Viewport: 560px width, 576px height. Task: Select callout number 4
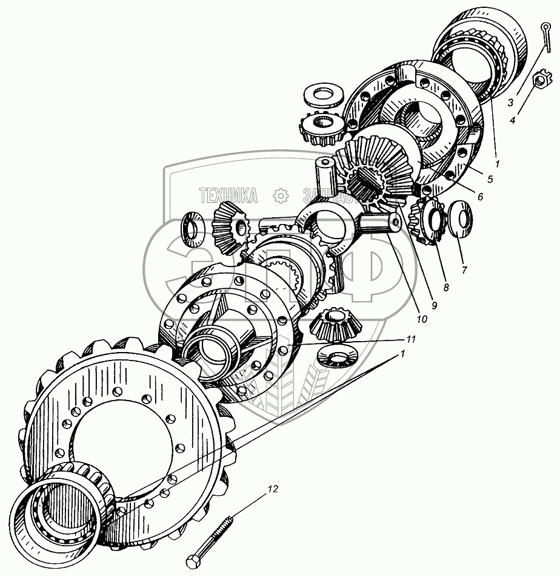513,120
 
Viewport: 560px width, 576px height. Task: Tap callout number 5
489,179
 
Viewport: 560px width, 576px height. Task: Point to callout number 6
479,197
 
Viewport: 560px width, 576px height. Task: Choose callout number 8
445,288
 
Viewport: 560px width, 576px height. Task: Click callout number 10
421,318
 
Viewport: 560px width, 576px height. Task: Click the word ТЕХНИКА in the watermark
228,195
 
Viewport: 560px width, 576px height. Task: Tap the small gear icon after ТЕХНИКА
280,195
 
